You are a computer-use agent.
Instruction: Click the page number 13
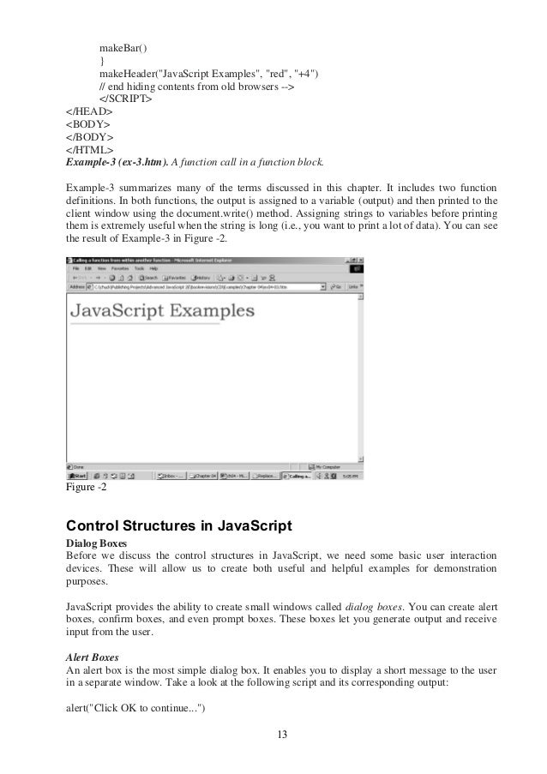pos(273,733)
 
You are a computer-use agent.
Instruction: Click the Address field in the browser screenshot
pos(206,287)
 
